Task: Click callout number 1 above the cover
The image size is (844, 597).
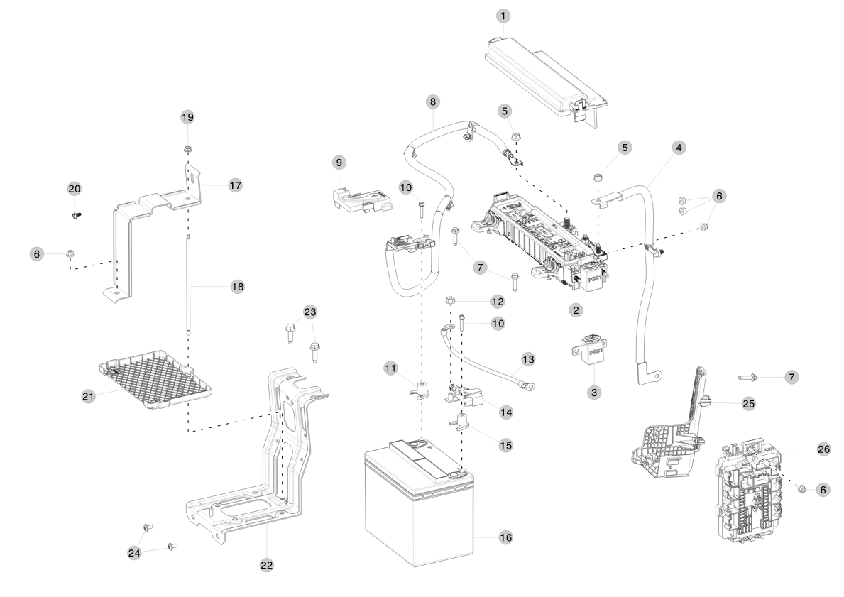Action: tap(503, 15)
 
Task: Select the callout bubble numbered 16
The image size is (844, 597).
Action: tap(505, 538)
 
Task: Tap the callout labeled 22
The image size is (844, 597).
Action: tap(266, 565)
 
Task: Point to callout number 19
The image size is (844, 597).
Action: tap(187, 116)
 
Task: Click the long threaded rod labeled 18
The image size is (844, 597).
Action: tap(190, 284)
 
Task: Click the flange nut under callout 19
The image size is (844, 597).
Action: tap(188, 150)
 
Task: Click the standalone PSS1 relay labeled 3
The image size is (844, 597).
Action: tap(591, 351)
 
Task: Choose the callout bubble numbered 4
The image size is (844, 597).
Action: tap(679, 148)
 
